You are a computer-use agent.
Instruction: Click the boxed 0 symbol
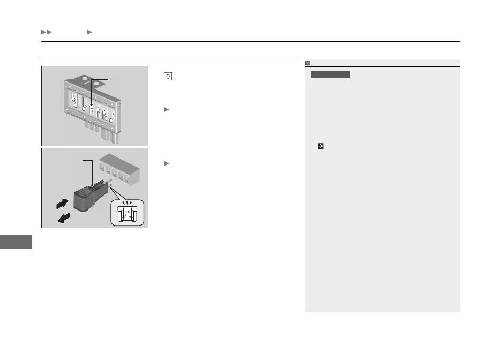168,77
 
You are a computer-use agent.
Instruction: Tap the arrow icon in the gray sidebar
320,146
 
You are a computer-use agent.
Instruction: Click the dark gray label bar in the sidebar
330,75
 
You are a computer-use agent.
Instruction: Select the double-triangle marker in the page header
46,32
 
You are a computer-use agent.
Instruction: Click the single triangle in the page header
89,32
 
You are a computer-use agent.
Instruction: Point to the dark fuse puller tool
90,196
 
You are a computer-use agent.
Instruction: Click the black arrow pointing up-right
62,204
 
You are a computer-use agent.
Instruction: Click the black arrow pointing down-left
64,218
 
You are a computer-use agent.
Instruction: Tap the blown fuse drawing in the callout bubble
127,214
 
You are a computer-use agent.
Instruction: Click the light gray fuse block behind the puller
119,170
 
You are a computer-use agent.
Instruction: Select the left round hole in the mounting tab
85,78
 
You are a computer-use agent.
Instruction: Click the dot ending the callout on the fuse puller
92,185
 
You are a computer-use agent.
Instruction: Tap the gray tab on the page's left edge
16,242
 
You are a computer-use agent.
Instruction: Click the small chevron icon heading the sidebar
308,63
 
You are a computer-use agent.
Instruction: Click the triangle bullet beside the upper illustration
167,110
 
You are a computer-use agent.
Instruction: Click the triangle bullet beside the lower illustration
167,163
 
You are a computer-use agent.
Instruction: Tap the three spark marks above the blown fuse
127,203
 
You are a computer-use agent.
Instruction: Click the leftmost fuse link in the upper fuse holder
75,100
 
